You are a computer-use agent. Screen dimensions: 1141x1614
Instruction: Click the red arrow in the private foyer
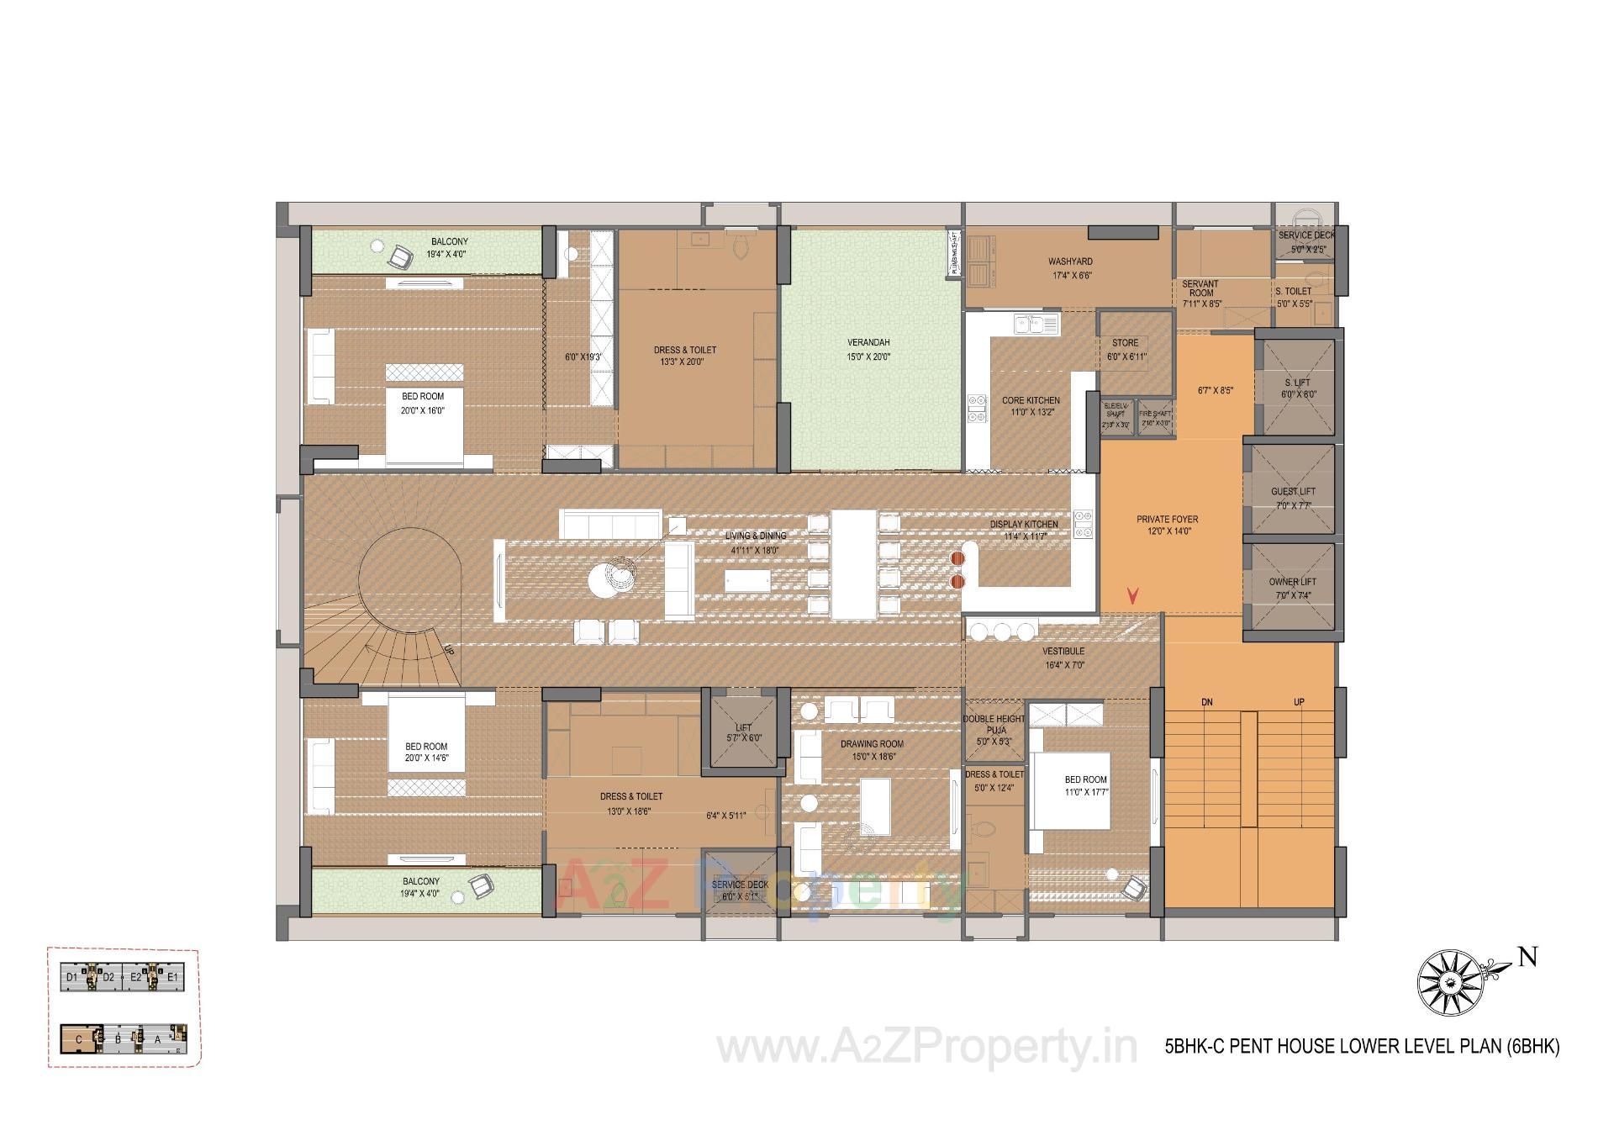1133,596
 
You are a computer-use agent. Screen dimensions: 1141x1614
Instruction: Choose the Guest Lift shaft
1293,492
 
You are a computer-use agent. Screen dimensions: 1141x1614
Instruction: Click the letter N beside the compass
1527,958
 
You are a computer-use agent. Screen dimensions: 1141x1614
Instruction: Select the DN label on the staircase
1207,702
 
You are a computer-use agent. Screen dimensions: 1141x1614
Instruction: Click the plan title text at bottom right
1362,1046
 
